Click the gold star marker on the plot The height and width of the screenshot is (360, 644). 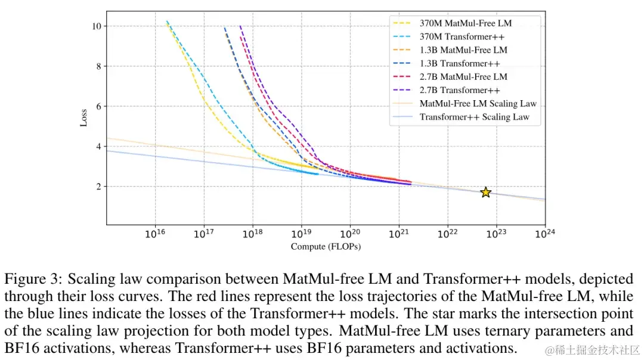tap(485, 192)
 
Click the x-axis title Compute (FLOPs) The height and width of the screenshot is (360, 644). tap(326, 246)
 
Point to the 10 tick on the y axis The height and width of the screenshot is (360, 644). tap(95, 26)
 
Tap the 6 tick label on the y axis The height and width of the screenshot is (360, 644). tap(98, 106)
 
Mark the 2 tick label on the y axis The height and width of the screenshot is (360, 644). tap(98, 187)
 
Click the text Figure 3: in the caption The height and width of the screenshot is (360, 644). tap(33, 279)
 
